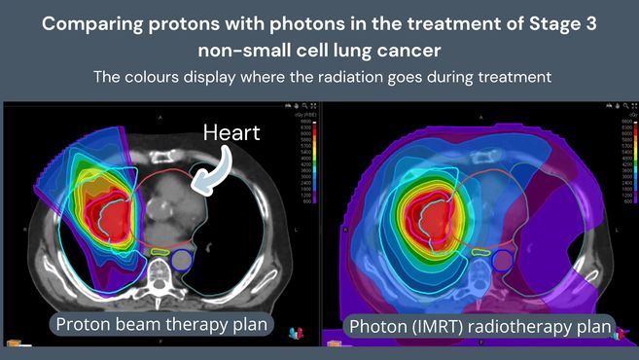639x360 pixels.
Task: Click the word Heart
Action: tap(231, 131)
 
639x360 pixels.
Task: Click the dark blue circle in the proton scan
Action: tap(181, 260)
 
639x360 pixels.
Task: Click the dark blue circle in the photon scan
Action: tap(503, 261)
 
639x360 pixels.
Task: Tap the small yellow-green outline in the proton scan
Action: tap(156, 252)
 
